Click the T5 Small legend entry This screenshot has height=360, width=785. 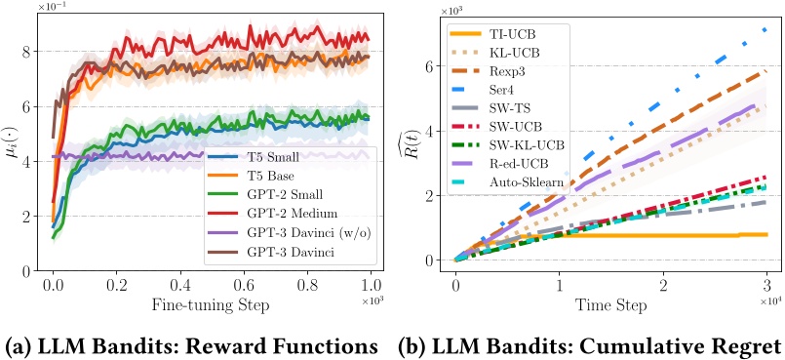(x=264, y=157)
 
